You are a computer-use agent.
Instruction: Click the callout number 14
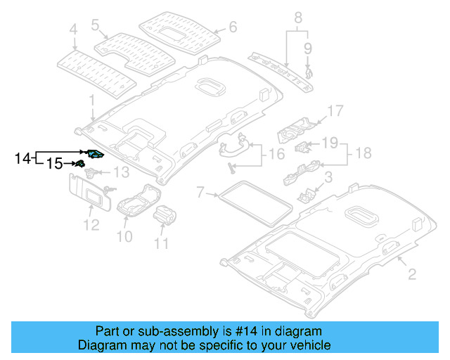pyautogui.click(x=22, y=158)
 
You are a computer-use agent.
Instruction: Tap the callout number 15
pyautogui.click(x=54, y=164)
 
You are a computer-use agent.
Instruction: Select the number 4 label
pyautogui.click(x=73, y=29)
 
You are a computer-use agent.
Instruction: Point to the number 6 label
pyautogui.click(x=234, y=28)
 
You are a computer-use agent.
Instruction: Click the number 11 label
pyautogui.click(x=162, y=244)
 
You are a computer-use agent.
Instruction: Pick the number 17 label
pyautogui.click(x=335, y=110)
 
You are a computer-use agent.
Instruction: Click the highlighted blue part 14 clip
pyautogui.click(x=95, y=154)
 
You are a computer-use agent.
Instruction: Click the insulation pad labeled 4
pyautogui.click(x=95, y=69)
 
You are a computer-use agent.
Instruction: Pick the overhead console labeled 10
pyautogui.click(x=136, y=205)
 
